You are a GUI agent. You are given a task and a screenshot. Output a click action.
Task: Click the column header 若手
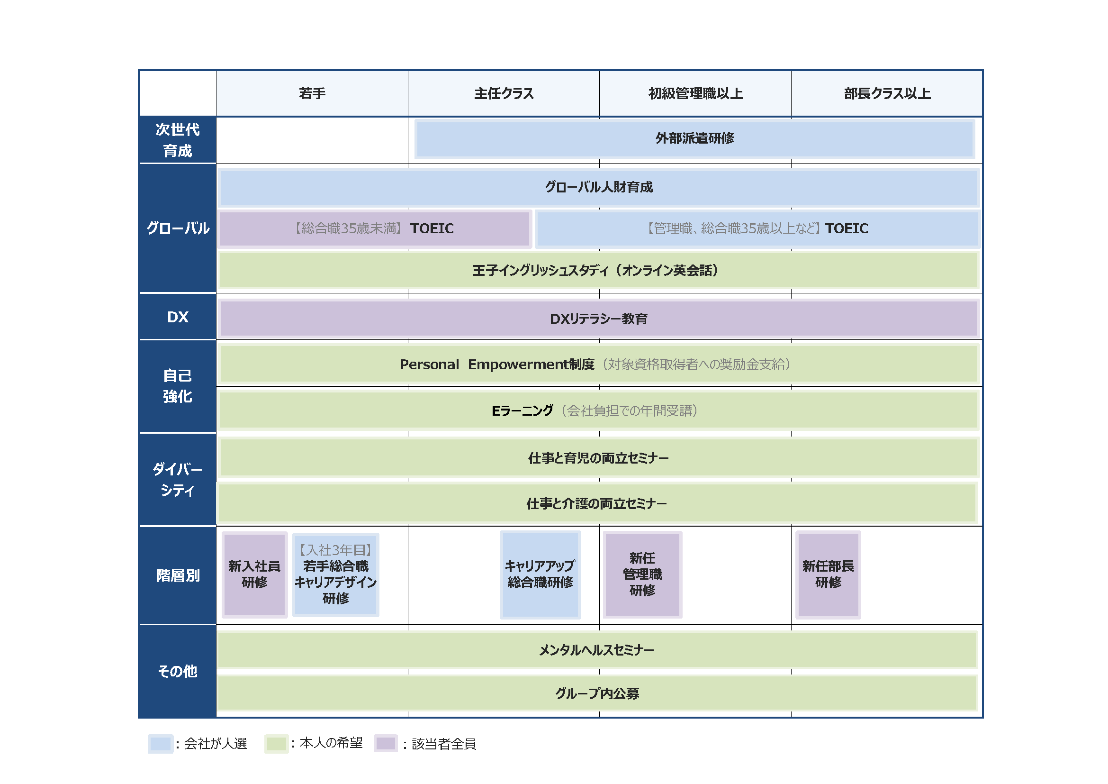tap(312, 93)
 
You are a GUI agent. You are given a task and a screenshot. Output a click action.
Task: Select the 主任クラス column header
tap(504, 93)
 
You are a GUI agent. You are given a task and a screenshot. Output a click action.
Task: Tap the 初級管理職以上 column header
tap(695, 93)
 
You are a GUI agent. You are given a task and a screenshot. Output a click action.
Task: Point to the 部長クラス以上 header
tap(886, 93)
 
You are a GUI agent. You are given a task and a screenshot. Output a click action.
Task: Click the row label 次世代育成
tap(177, 140)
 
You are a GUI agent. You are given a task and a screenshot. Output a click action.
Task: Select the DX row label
tap(177, 317)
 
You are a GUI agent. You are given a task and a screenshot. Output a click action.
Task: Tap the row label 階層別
tap(177, 575)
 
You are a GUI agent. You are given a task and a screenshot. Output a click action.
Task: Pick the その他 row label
tap(177, 671)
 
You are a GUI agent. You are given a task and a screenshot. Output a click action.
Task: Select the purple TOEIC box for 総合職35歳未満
tap(375, 228)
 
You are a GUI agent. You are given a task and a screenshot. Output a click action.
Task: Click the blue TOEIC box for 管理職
tap(757, 228)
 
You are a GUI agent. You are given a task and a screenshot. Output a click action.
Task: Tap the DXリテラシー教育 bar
tap(598, 319)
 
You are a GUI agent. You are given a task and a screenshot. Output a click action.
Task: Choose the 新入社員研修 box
tap(254, 574)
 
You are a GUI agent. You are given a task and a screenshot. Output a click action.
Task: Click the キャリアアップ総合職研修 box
tap(540, 574)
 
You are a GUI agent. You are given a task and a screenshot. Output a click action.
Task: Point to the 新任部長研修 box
tap(828, 574)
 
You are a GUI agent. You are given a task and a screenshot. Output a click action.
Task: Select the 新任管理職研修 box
tap(642, 574)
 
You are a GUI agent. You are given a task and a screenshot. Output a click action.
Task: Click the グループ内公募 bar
tap(597, 694)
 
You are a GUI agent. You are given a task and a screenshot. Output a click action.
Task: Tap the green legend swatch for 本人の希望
tap(277, 743)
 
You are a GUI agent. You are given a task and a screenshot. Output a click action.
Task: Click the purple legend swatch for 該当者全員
tap(386, 743)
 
